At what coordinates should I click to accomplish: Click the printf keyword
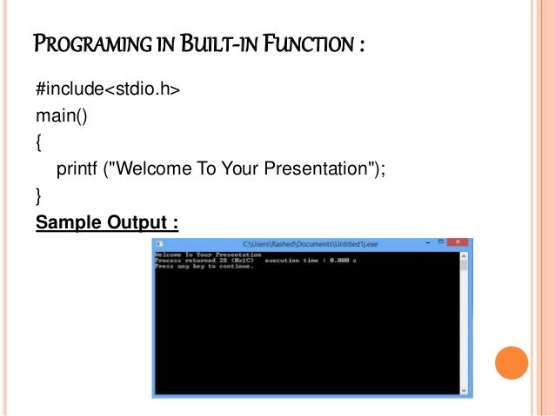(x=77, y=167)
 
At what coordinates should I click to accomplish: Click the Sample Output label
(x=107, y=223)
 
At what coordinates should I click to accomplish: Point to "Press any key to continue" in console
(x=204, y=266)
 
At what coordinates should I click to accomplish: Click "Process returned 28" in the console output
(x=193, y=260)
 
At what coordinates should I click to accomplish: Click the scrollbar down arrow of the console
(x=465, y=390)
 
